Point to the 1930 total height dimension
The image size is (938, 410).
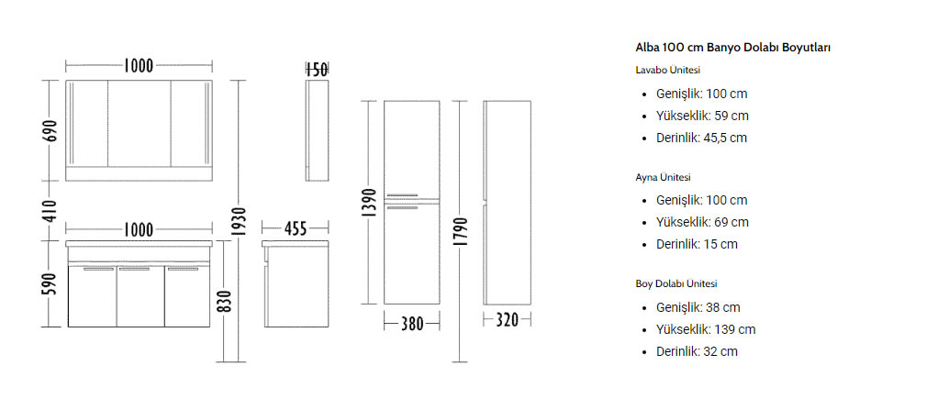coord(239,221)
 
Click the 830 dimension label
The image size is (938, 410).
coord(224,302)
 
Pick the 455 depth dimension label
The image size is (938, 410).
coord(295,228)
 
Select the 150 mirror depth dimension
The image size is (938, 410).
coord(317,70)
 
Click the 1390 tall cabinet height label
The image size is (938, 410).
coord(370,202)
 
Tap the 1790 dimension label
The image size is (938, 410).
coord(460,231)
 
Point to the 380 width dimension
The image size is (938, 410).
coord(411,324)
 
